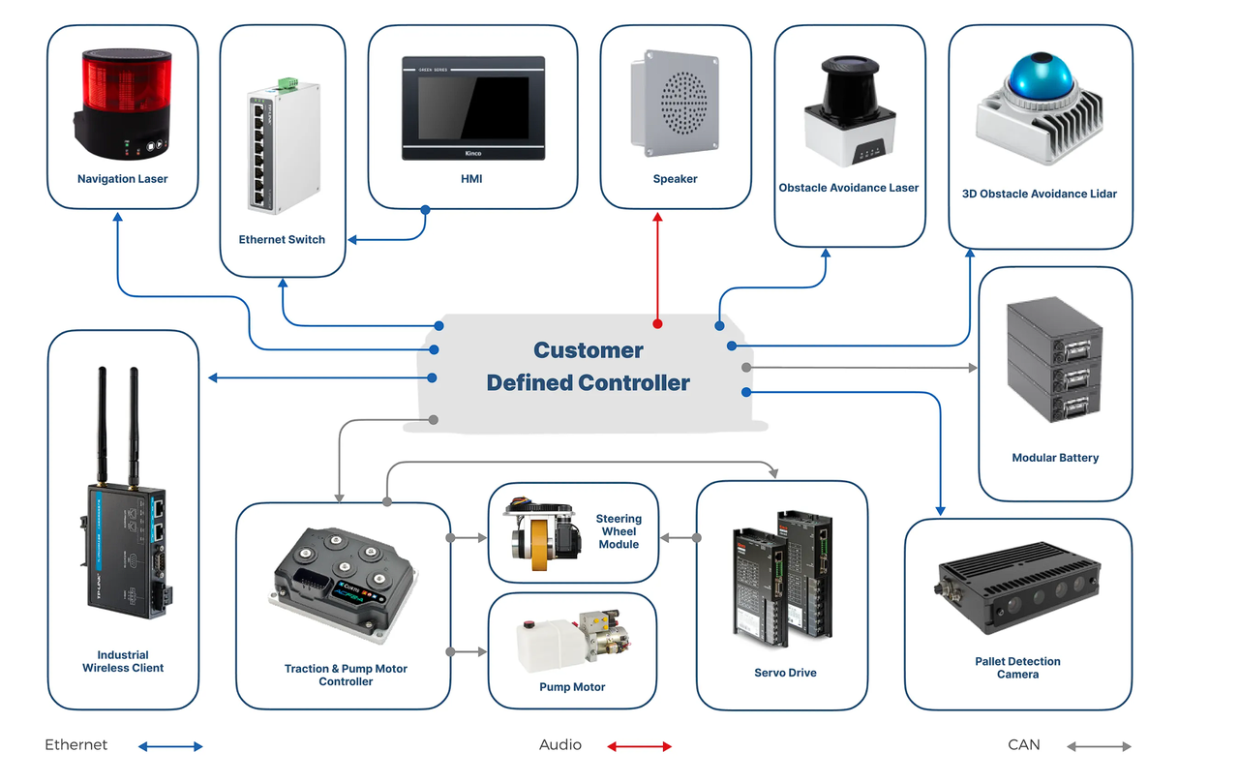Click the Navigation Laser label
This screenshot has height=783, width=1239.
[122, 179]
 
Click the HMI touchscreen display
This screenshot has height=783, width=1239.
[472, 109]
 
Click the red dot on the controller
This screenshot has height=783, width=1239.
[657, 323]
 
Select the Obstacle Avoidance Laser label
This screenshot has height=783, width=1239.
[848, 188]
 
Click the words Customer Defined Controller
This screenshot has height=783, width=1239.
[588, 366]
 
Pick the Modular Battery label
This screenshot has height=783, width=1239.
[1055, 458]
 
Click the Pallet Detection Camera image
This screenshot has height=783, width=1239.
[1016, 589]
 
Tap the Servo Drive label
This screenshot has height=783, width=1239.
[785, 673]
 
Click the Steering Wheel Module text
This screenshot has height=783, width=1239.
[619, 531]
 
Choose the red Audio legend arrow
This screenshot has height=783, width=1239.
[639, 746]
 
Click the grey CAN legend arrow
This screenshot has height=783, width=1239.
[1099, 746]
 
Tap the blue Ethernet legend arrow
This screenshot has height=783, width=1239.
[170, 746]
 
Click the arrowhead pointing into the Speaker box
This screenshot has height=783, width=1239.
[657, 218]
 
